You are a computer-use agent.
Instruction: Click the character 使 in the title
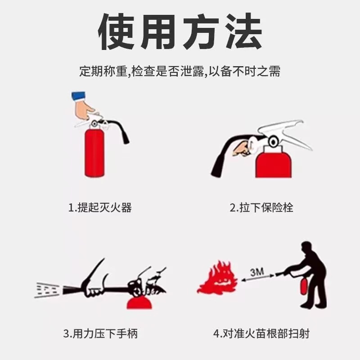117,31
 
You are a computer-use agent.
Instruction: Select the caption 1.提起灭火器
100,207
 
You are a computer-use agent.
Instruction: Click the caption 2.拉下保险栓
261,207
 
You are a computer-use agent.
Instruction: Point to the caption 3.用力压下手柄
100,333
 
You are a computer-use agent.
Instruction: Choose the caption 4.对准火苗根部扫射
261,333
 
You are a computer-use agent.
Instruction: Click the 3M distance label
257,272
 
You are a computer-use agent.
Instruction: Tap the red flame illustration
217,277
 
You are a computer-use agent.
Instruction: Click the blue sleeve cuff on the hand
78,96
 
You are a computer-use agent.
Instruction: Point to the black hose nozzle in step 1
126,137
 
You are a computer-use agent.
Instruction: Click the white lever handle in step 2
285,133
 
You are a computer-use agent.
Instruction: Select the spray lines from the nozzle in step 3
47,290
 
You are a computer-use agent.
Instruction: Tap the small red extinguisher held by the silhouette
304,286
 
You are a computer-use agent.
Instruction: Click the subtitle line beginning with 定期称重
180,71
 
